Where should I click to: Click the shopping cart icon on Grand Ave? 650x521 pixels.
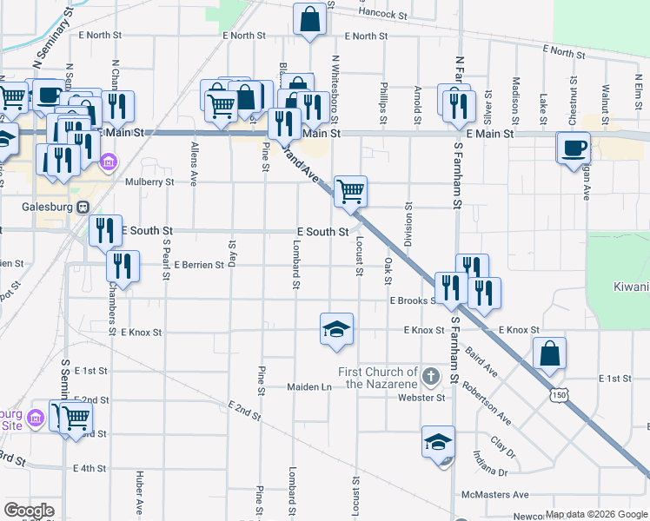point(350,190)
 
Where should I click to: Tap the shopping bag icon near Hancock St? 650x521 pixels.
point(310,18)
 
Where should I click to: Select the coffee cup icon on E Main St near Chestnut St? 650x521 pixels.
point(574,148)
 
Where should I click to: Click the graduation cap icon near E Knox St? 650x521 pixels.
point(336,329)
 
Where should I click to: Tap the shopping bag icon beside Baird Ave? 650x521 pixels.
point(549,353)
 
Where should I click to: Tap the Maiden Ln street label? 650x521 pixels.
point(310,386)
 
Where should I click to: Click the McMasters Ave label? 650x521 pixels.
point(495,495)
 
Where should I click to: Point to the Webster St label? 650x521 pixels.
point(421,398)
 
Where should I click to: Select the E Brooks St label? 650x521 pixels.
point(412,300)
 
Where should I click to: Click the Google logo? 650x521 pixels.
point(29,511)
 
